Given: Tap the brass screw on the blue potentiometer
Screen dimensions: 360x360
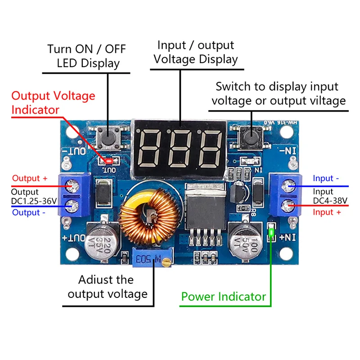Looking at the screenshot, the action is (x=166, y=262).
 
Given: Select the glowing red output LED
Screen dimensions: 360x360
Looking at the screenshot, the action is (x=108, y=161).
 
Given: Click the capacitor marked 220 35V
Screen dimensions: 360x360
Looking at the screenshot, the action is (x=102, y=243).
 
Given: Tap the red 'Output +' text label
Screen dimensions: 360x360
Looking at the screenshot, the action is (x=30, y=178).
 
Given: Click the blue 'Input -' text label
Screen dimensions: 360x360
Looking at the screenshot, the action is (x=325, y=178).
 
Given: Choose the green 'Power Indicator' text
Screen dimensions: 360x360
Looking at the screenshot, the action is (x=223, y=297).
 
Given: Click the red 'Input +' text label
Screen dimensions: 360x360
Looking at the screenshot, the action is (x=327, y=212).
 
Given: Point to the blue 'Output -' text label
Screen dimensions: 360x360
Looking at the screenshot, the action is (x=28, y=212).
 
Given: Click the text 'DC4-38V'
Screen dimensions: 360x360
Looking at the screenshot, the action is (x=330, y=201).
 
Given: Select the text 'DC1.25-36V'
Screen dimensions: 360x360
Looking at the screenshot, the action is (x=34, y=201).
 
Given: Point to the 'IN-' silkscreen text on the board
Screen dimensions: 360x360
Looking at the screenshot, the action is (x=288, y=151).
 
